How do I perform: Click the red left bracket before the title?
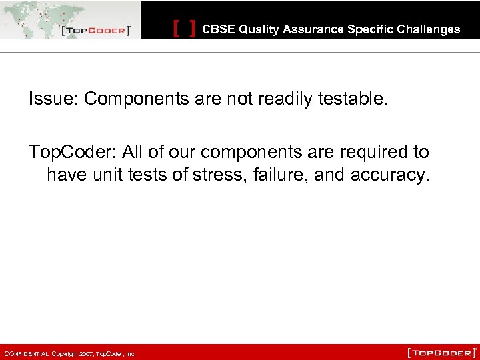point(176,29)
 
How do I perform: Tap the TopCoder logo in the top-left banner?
point(95,31)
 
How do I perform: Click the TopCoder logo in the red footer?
point(441,351)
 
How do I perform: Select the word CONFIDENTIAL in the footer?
point(25,354)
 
